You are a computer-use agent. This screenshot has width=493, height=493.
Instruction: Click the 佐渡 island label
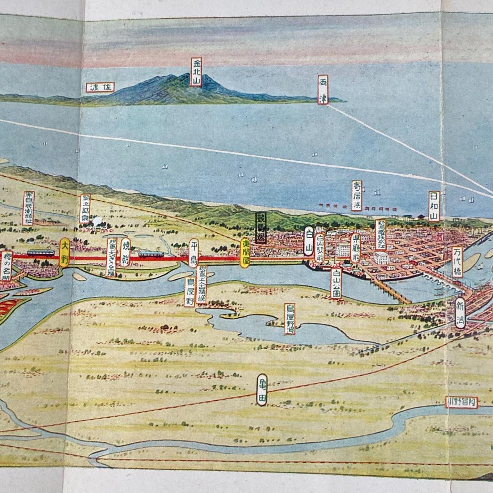pyautogui.click(x=100, y=87)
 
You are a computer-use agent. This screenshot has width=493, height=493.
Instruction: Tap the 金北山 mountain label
pyautogui.click(x=196, y=72)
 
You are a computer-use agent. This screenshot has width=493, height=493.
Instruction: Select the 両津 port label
pyautogui.click(x=323, y=89)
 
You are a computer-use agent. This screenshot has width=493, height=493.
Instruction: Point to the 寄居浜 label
pyautogui.click(x=357, y=195)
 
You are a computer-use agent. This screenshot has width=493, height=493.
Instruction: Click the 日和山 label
pyautogui.click(x=434, y=206)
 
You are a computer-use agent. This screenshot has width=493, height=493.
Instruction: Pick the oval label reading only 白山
pyautogui.click(x=309, y=241)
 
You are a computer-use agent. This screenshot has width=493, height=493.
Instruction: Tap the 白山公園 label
pyautogui.click(x=336, y=283)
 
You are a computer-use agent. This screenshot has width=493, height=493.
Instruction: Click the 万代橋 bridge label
pyautogui.click(x=457, y=262)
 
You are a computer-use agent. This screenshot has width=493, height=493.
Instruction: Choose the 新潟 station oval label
pyautogui.click(x=460, y=313)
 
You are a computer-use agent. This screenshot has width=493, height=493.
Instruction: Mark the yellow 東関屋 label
pyautogui.click(x=245, y=252)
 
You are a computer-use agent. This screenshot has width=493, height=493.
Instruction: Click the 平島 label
pyautogui.click(x=194, y=252)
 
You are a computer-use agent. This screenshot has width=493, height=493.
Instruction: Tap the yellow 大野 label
pyautogui.click(x=64, y=252)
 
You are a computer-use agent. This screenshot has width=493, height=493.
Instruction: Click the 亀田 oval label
pyautogui.click(x=262, y=389)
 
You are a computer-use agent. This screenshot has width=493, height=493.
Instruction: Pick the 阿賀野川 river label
pyautogui.click(x=462, y=402)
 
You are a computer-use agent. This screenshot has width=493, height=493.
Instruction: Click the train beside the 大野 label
pyautogui.click(x=40, y=253)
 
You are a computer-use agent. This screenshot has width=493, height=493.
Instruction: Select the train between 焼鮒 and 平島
pyautogui.click(x=151, y=254)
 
